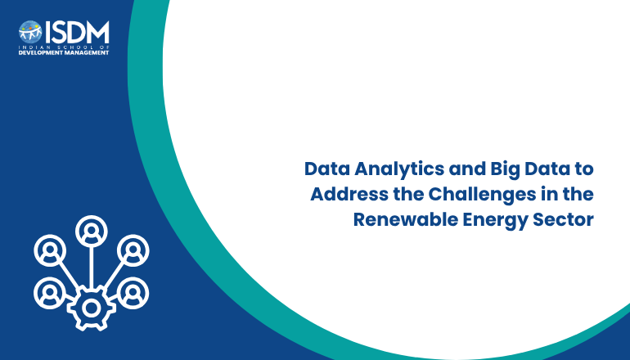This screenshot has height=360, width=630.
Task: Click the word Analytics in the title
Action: coord(399,169)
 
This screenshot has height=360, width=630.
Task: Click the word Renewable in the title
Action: coord(405,220)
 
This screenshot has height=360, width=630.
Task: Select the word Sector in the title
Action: coord(563,220)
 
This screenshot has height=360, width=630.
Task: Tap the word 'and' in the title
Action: coord(467,169)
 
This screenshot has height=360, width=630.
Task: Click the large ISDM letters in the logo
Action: coord(77,32)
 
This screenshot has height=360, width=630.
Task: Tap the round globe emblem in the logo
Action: coord(30,32)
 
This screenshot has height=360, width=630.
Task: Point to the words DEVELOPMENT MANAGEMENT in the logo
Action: coord(64,52)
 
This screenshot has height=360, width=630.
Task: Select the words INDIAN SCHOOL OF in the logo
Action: coord(64,47)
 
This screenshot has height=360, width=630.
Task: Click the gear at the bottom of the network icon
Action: coord(92,308)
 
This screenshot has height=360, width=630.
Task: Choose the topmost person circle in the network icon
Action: coord(92,232)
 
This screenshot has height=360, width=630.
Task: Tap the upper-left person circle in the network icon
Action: coord(50,250)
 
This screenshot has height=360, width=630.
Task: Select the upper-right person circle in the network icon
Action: coord(133,250)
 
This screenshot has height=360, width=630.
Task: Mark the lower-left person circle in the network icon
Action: coord(50,293)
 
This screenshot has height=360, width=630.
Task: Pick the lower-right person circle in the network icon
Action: coord(133,293)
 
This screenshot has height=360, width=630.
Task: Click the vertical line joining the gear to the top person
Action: coord(92,268)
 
